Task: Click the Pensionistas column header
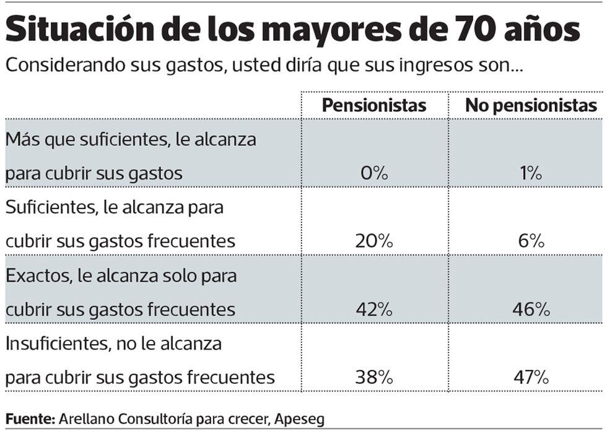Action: point(374,105)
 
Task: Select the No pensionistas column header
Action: point(531,105)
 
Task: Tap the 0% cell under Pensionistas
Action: point(374,173)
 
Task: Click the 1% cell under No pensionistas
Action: point(531,173)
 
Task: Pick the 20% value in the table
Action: point(374,241)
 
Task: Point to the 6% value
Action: point(531,241)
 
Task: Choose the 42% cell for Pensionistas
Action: point(374,309)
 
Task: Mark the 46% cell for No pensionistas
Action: point(531,309)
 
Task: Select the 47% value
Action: point(531,377)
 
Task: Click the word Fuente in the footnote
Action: point(29,418)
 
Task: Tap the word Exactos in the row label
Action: point(38,275)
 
